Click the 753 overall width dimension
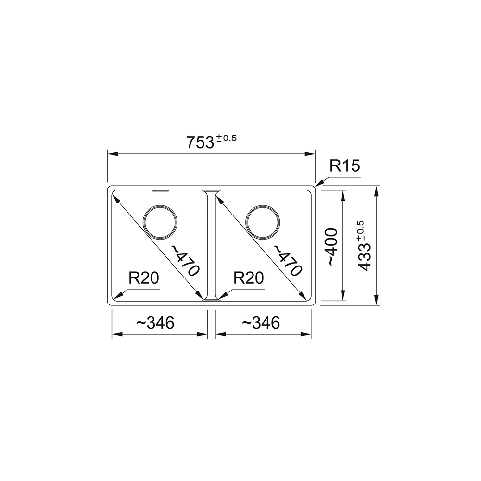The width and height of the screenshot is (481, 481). [x=200, y=142]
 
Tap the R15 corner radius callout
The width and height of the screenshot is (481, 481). [x=344, y=166]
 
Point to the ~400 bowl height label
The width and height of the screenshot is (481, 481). [x=332, y=247]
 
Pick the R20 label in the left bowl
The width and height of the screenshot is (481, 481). [x=144, y=278]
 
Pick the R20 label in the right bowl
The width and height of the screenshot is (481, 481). [x=249, y=278]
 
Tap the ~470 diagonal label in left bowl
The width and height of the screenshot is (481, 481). [x=185, y=260]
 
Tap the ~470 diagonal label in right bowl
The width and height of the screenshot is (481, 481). [x=288, y=260]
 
